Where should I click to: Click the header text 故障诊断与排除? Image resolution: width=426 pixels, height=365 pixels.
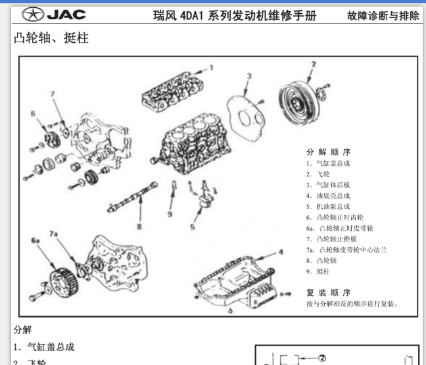383,15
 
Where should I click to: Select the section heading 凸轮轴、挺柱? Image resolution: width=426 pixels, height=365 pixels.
51,39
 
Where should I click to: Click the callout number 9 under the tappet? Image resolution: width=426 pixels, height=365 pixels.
169,214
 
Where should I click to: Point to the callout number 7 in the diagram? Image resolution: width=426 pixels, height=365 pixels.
53,94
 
